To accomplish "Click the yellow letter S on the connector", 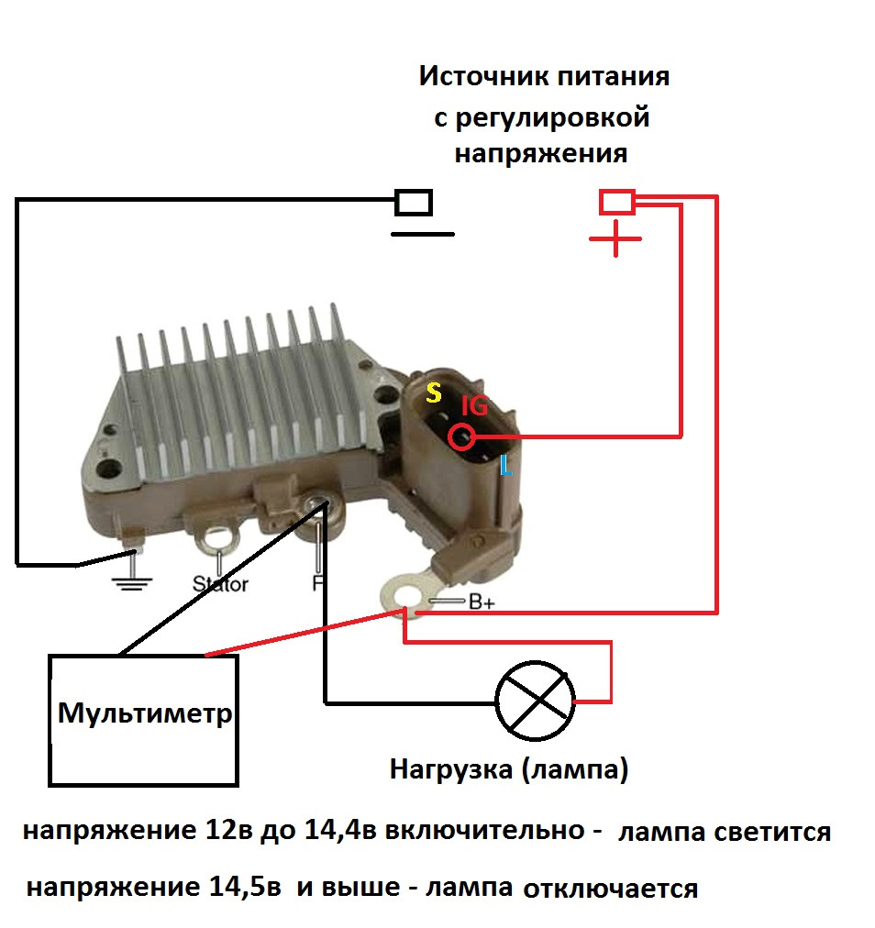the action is pyautogui.click(x=434, y=392).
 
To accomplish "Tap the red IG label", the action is pyautogui.click(x=474, y=406).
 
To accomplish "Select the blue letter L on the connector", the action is pyautogui.click(x=506, y=465).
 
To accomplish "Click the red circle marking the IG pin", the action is pyautogui.click(x=461, y=436).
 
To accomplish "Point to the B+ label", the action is pyautogui.click(x=482, y=602).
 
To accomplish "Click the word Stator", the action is pyautogui.click(x=220, y=584).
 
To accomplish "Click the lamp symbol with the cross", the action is pyautogui.click(x=535, y=702).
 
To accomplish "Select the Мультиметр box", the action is pyautogui.click(x=143, y=720).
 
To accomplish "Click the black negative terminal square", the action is pyautogui.click(x=414, y=203).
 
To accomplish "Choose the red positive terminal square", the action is pyautogui.click(x=617, y=202).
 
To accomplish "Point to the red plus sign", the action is pyautogui.click(x=615, y=238).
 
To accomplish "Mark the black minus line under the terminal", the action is pyautogui.click(x=423, y=235).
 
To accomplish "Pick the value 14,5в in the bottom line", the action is pyautogui.click(x=245, y=887).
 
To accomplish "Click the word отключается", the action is pyautogui.click(x=610, y=889).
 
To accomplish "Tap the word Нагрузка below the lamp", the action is pyautogui.click(x=451, y=770).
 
